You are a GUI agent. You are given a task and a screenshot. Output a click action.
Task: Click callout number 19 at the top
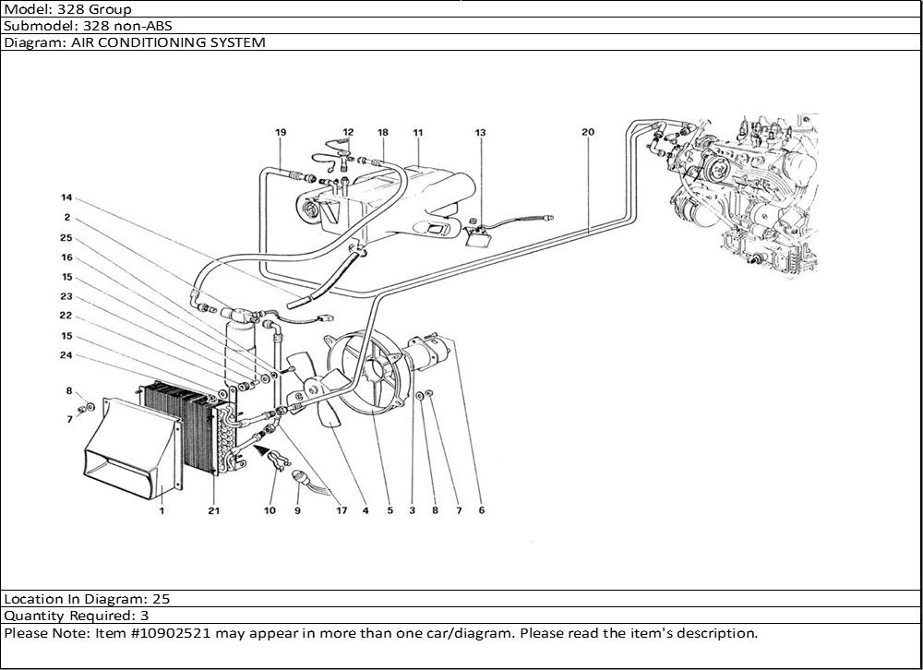pyautogui.click(x=281, y=133)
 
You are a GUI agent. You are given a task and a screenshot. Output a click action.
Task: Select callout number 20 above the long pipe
pyautogui.click(x=588, y=132)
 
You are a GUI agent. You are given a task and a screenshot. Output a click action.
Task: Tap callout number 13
pyautogui.click(x=480, y=133)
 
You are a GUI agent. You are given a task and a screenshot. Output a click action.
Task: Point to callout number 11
pyautogui.click(x=417, y=133)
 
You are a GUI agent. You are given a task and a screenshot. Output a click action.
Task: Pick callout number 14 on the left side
pyautogui.click(x=66, y=198)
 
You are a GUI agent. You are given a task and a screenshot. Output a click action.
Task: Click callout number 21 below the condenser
pyautogui.click(x=214, y=510)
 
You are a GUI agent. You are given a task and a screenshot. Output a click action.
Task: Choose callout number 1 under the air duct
pyautogui.click(x=162, y=510)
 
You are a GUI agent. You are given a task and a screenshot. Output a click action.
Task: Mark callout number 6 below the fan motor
pyautogui.click(x=481, y=510)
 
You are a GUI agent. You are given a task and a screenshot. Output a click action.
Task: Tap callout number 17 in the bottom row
pyautogui.click(x=341, y=510)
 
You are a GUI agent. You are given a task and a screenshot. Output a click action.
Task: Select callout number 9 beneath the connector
pyautogui.click(x=297, y=510)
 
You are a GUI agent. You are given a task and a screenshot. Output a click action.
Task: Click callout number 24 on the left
pyautogui.click(x=66, y=355)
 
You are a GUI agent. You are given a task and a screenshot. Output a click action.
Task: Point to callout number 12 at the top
pyautogui.click(x=348, y=133)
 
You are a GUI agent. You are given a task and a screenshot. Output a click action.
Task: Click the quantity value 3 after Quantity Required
pyautogui.click(x=145, y=615)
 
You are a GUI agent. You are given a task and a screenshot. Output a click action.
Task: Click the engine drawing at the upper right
pyautogui.click(x=748, y=194)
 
